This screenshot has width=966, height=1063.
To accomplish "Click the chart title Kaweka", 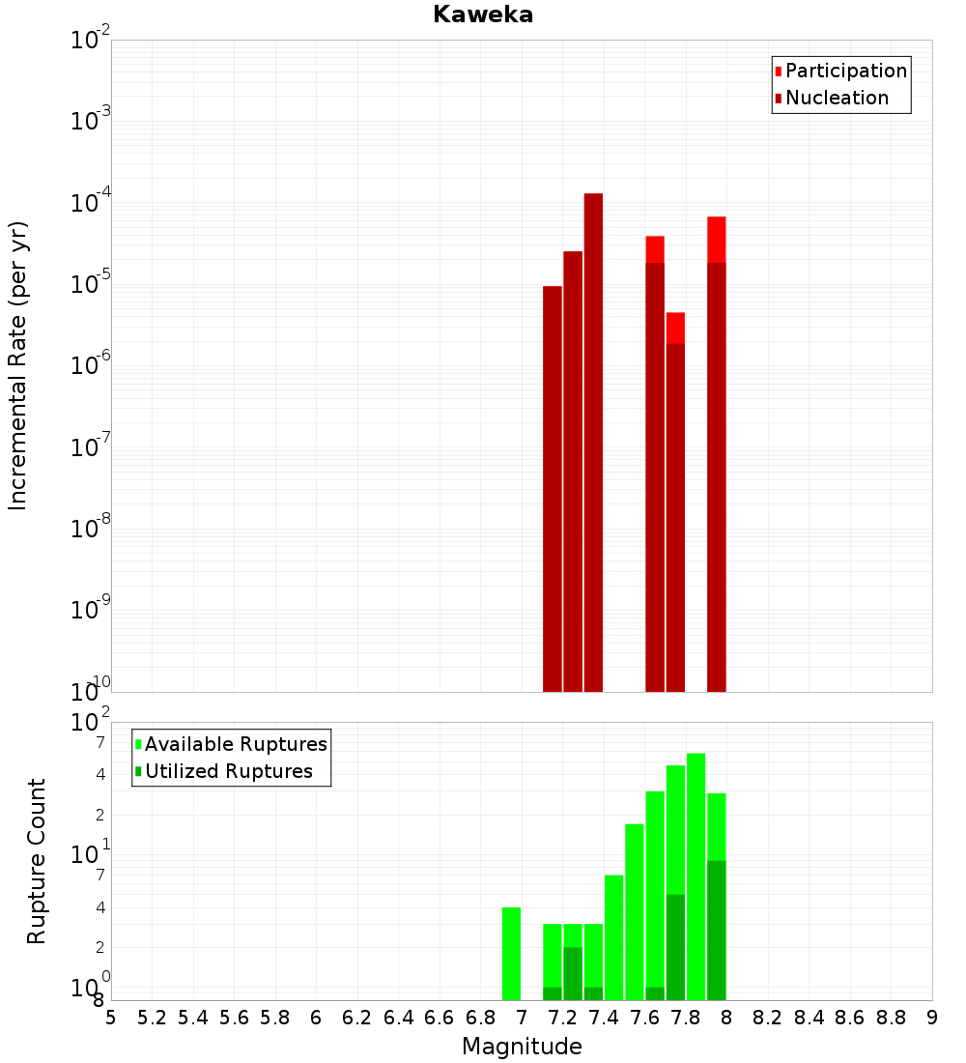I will [483, 14].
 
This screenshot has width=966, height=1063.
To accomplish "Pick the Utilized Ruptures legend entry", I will [227, 771].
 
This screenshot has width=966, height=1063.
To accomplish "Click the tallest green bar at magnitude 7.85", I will [696, 870].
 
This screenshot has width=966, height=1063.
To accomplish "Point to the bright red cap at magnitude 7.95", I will [716, 240].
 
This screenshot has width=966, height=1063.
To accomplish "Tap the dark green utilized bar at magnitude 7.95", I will [716, 928].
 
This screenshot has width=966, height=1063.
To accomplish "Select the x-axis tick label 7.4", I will [604, 1018].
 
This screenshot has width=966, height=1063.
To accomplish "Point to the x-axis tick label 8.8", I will [891, 1018].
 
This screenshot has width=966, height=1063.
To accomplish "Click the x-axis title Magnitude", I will [522, 1047].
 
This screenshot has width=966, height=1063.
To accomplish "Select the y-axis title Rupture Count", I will [37, 860].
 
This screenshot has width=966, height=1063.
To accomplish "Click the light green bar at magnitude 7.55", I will [634, 908].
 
